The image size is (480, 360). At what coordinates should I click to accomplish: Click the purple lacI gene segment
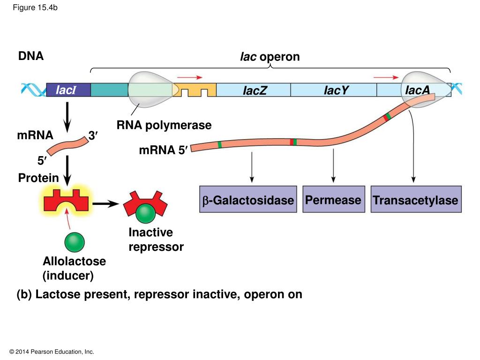pyautogui.click(x=68, y=90)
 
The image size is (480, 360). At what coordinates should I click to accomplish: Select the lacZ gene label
pyautogui.click(x=255, y=90)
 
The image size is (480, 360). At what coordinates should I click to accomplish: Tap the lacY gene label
pyautogui.click(x=336, y=90)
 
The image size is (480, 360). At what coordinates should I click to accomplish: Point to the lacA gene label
pyautogui.click(x=417, y=90)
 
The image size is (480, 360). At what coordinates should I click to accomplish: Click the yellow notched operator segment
pyautogui.click(x=195, y=90)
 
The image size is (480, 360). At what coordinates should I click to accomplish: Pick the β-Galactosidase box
pyautogui.click(x=248, y=199)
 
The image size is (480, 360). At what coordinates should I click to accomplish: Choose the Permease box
pyautogui.click(x=334, y=199)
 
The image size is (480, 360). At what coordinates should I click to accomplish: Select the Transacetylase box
pyautogui.click(x=416, y=199)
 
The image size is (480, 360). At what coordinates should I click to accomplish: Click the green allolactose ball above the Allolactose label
pyautogui.click(x=75, y=242)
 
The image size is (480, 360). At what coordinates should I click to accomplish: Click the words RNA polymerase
pyautogui.click(x=164, y=125)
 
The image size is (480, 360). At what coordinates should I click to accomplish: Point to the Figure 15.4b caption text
pyautogui.click(x=35, y=7)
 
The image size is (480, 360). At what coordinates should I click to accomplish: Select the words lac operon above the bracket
pyautogui.click(x=270, y=57)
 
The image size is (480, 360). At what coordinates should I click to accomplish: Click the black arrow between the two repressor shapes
pyautogui.click(x=105, y=203)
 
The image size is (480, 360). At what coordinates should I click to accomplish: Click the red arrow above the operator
pyautogui.click(x=190, y=77)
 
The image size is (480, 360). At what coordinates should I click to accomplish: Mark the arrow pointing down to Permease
pyautogui.click(x=333, y=166)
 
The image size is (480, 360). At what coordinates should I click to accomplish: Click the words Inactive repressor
pyautogui.click(x=156, y=240)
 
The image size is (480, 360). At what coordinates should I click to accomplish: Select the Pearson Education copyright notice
pyautogui.click(x=52, y=352)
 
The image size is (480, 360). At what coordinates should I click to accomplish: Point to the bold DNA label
pyautogui.click(x=31, y=56)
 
